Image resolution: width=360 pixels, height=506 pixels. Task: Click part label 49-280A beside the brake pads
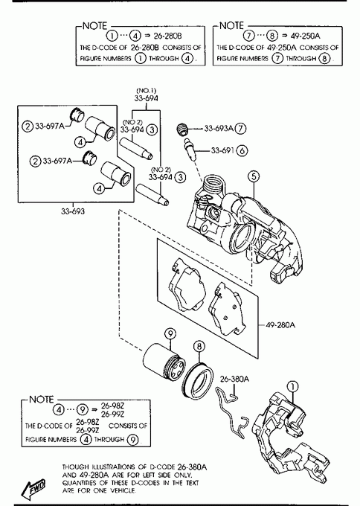click(280, 324)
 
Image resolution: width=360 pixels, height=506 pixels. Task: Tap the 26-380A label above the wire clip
click(234, 379)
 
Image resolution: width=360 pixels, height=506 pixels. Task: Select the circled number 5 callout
click(254, 176)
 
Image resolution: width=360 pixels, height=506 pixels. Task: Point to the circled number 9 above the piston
click(170, 333)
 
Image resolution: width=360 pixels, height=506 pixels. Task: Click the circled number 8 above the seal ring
click(199, 347)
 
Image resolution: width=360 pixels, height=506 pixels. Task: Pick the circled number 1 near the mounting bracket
click(292, 386)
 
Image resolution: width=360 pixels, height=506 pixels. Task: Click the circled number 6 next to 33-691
click(242, 150)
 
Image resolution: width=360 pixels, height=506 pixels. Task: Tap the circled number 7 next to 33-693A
click(240, 129)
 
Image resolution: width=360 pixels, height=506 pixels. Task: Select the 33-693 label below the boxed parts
click(73, 211)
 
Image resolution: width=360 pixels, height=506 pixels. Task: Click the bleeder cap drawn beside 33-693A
click(182, 129)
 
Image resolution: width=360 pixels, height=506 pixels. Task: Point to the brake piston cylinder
click(164, 362)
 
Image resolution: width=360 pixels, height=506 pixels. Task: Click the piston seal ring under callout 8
click(197, 381)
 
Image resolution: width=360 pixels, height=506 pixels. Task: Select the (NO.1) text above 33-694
click(146, 91)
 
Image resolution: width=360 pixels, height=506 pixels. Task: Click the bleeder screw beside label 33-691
click(190, 149)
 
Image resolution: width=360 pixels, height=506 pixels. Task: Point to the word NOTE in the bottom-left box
click(42, 399)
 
